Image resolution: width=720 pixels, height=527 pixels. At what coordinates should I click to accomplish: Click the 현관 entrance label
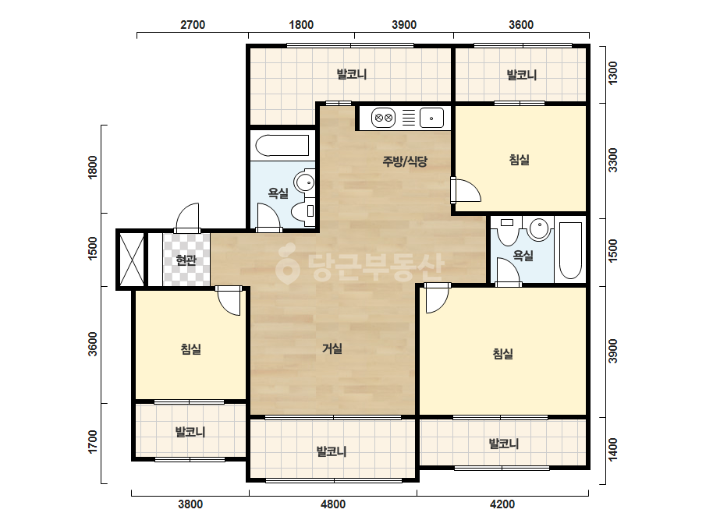(186, 260)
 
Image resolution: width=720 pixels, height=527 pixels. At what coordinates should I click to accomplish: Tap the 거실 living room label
(332, 348)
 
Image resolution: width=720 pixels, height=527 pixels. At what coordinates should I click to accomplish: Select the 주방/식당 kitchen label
(405, 161)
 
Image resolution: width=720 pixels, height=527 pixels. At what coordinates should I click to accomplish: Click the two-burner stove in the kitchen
(384, 118)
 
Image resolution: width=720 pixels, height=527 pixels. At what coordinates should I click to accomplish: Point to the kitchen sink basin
(431, 118)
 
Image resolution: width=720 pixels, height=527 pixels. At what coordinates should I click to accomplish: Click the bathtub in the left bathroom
(282, 146)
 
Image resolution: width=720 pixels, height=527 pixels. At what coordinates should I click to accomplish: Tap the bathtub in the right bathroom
(571, 250)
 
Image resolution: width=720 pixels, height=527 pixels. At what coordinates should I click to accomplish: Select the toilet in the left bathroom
(302, 211)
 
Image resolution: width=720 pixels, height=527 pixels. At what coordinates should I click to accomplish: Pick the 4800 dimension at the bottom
(333, 504)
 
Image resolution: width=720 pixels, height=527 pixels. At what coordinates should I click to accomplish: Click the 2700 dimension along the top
(193, 25)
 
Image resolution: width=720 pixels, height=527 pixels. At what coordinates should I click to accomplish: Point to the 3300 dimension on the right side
(612, 161)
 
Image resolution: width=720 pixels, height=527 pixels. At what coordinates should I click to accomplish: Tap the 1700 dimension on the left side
(93, 441)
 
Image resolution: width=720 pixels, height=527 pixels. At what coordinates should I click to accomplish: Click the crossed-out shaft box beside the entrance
(132, 260)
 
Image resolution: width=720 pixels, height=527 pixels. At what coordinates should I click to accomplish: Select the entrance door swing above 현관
(187, 218)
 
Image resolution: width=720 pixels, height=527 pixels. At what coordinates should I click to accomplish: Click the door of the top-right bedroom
(466, 190)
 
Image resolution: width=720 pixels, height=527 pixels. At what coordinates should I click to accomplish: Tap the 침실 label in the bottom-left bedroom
(191, 349)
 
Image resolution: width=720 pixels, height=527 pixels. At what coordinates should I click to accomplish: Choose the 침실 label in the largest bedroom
(503, 353)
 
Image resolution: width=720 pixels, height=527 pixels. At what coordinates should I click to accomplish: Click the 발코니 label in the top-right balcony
(522, 74)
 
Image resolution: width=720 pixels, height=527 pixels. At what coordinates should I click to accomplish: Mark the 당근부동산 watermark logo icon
(287, 263)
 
